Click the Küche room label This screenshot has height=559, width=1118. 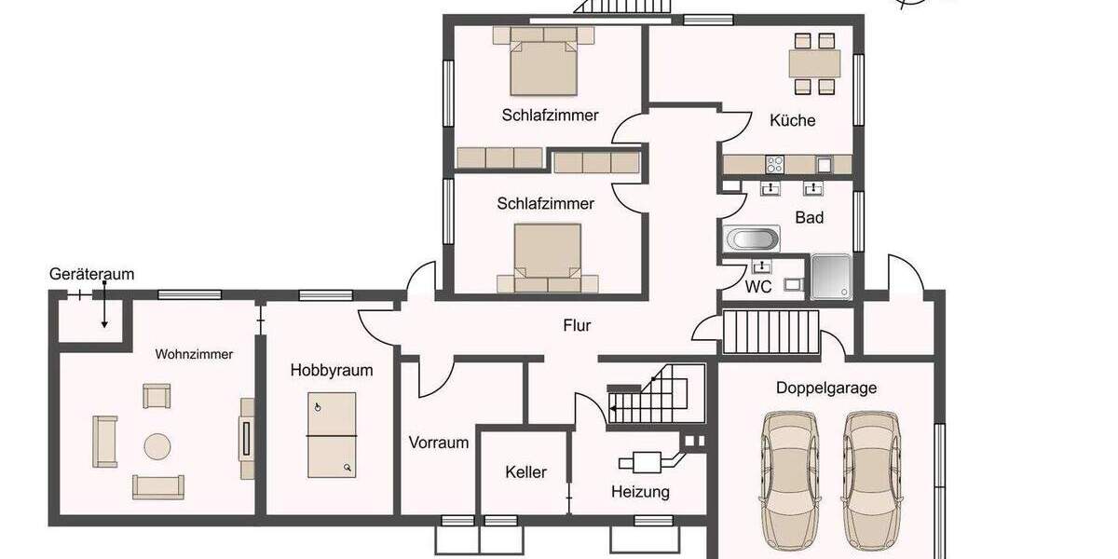point(792,120)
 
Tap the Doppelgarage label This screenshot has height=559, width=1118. point(826,389)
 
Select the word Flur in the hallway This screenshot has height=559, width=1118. point(577,326)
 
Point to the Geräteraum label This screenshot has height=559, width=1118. point(91,274)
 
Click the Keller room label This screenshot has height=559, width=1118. point(525,472)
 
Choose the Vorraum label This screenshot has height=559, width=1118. point(438,443)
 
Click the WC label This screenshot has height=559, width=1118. point(757,287)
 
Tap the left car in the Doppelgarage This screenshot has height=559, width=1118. point(788,482)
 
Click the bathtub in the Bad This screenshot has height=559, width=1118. point(752,239)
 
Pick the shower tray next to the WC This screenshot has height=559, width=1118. point(830,277)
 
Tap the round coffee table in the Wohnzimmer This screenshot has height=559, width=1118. point(157,447)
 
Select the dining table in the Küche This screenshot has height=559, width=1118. point(814,63)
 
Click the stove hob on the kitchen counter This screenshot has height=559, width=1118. point(774,164)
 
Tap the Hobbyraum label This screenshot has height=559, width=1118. point(331,370)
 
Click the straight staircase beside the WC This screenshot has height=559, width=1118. point(770,333)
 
